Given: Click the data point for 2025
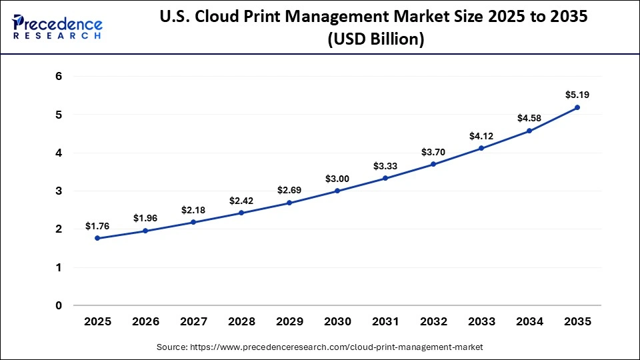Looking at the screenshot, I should tap(97, 238).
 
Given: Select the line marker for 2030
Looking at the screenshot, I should tap(337, 191).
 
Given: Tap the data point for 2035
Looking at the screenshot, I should tap(577, 107).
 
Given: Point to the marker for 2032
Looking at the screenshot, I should tap(433, 164).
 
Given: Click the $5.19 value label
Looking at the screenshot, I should tap(577, 95).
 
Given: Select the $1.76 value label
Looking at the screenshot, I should tap(97, 226).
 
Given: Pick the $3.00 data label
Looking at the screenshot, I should tap(337, 179).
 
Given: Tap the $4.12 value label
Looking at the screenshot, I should tap(481, 136).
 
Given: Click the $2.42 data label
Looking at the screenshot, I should tap(241, 201).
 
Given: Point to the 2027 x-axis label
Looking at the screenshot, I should tap(193, 321).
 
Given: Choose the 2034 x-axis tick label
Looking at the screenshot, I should tap(529, 321).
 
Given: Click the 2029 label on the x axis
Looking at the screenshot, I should tap(289, 321).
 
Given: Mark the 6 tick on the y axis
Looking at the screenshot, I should tap(59, 77).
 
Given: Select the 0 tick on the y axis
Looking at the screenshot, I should tap(59, 306).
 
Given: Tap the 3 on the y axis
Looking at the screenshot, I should tap(59, 191).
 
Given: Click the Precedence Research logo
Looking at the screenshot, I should tap(57, 27).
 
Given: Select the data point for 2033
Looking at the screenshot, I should tap(481, 148).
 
